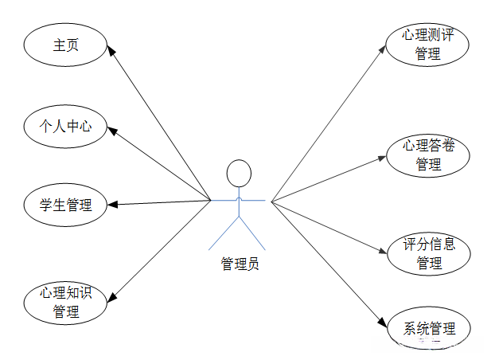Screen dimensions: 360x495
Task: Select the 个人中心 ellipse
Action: (66, 126)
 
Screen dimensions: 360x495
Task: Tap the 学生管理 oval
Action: (66, 205)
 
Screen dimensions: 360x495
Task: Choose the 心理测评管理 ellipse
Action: (427, 45)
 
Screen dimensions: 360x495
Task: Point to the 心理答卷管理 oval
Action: (427, 155)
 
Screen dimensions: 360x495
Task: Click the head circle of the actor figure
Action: (239, 173)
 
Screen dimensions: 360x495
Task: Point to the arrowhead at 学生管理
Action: (112, 205)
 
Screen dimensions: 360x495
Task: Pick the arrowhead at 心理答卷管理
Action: (385, 157)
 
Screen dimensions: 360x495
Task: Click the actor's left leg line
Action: (224, 232)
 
